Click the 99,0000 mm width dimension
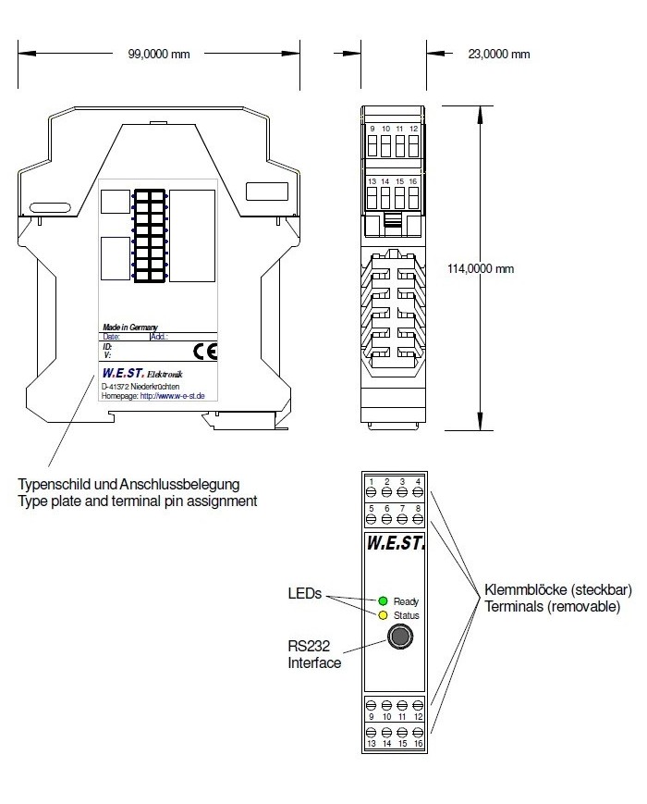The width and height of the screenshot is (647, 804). (158, 54)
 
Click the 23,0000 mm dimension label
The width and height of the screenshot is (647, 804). (499, 54)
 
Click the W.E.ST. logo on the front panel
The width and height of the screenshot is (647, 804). (395, 545)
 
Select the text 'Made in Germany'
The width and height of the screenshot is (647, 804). (129, 328)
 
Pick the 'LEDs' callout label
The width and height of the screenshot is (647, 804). (305, 594)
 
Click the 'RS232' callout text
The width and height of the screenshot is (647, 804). (305, 647)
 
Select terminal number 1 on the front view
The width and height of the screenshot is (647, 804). (371, 482)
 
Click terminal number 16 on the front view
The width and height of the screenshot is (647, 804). (418, 743)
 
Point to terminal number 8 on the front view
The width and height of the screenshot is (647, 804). (418, 508)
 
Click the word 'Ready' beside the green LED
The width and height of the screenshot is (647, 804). (406, 601)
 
